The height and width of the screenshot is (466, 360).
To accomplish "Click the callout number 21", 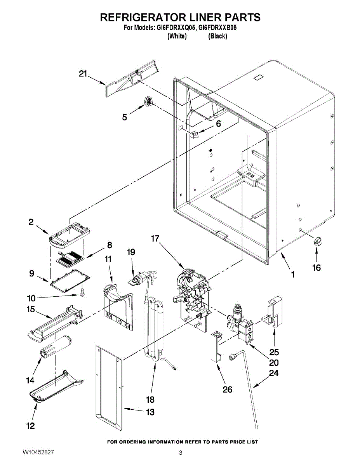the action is (83, 74).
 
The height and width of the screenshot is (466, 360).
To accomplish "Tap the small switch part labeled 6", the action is (194, 135).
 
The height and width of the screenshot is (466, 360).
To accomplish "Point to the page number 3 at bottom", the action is (180, 453).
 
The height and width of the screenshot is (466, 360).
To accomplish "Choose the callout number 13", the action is (150, 412).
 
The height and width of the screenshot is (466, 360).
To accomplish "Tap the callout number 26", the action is (228, 389).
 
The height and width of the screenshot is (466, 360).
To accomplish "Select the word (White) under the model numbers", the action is (177, 36).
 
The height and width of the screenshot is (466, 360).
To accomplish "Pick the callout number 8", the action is (110, 245).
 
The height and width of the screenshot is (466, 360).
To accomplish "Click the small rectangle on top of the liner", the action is (259, 78).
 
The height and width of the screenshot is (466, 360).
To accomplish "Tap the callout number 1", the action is (293, 275).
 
